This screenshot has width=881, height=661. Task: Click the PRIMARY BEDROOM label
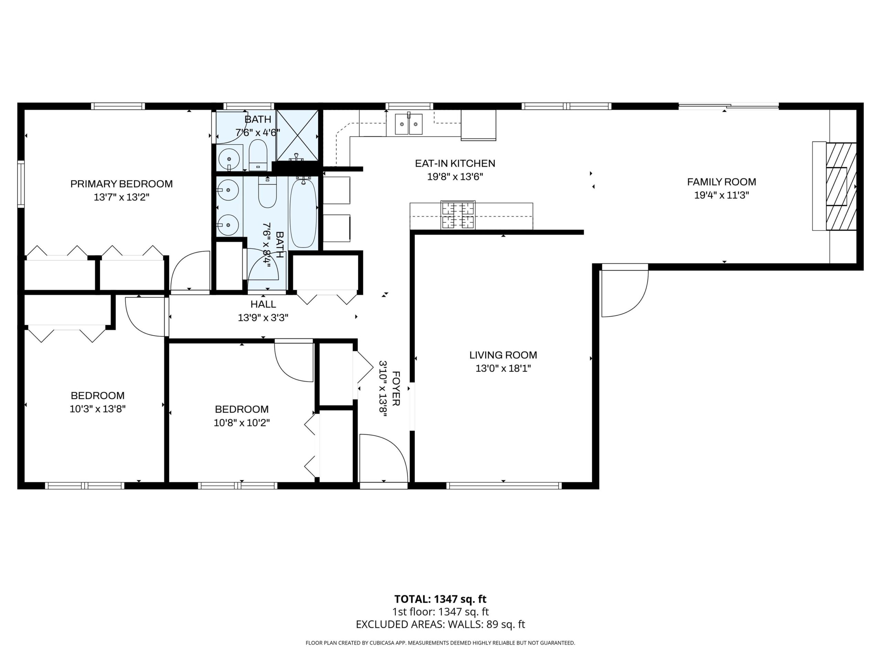[x=121, y=184]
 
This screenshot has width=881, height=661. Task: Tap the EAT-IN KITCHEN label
[x=455, y=164]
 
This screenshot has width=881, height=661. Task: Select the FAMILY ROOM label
[x=721, y=182]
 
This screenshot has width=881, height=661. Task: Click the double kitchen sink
[x=408, y=124]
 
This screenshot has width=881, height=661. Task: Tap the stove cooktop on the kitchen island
[x=458, y=216]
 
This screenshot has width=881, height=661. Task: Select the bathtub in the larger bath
[x=303, y=213]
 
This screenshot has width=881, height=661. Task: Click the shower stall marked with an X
[x=297, y=135]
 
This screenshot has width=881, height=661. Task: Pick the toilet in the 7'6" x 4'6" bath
[x=258, y=155]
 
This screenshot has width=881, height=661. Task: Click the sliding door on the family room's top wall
[x=729, y=106]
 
